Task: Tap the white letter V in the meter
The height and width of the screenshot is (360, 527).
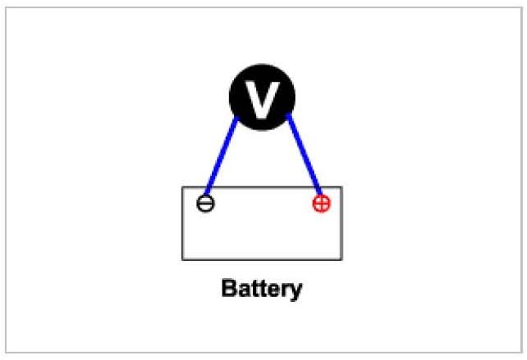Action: [x=262, y=97]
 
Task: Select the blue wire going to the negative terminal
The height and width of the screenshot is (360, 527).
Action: [x=220, y=155]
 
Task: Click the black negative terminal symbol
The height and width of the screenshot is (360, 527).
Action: [x=206, y=203]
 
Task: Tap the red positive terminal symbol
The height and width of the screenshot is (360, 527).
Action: [x=322, y=203]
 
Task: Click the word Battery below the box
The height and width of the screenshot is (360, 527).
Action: [x=262, y=289]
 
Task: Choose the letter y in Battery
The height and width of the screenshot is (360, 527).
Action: [x=295, y=291]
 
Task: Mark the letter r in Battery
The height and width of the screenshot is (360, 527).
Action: [x=285, y=290]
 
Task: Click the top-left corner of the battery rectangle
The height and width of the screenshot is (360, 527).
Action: [x=182, y=187]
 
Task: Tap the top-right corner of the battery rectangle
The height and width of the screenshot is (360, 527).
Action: [x=342, y=187]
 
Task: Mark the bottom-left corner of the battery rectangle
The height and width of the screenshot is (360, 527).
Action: [x=182, y=259]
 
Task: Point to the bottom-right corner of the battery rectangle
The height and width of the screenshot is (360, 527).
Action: [x=342, y=259]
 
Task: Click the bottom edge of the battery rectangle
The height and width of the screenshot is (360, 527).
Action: [x=262, y=259]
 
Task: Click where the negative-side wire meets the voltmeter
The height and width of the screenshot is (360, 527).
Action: [x=236, y=120]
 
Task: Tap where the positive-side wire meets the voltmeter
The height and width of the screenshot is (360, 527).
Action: [x=288, y=120]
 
